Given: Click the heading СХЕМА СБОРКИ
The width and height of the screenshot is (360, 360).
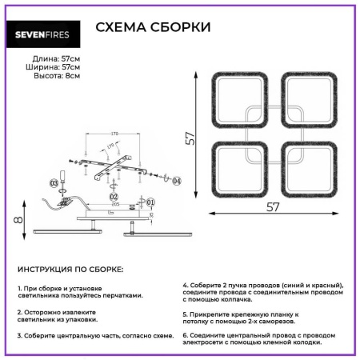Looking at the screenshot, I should [x=154, y=28].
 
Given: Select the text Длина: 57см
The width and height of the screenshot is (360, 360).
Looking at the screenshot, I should [x=56, y=58].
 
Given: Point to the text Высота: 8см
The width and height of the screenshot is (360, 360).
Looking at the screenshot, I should [x=56, y=76].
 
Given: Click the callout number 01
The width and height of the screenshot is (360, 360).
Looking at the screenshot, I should [x=150, y=203].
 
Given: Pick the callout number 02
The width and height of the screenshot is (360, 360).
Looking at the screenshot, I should [x=114, y=196].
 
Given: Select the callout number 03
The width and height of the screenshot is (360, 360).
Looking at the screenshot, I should [x=54, y=183].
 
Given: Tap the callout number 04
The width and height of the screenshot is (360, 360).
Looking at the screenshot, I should [x=177, y=182].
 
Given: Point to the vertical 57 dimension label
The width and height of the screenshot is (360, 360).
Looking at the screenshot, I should [x=190, y=139].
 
